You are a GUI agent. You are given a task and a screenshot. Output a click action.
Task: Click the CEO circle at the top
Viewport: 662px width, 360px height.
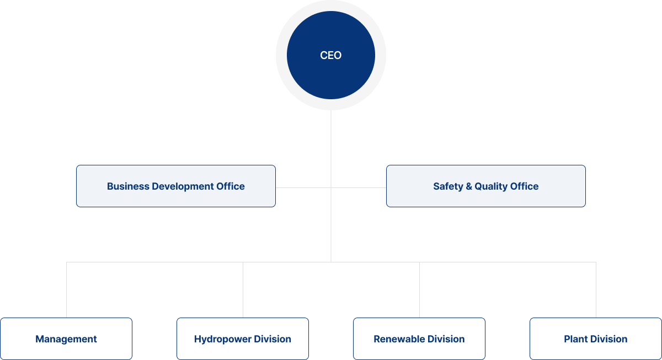coord(331,55)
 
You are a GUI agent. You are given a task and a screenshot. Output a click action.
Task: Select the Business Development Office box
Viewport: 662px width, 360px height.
coord(175,186)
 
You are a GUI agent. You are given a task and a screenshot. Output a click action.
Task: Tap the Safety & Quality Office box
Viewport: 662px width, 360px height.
coord(485,186)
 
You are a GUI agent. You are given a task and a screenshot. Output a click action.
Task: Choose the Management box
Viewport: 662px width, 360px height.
coord(66,339)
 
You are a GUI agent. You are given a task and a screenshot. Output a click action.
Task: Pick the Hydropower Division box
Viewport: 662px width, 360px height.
coord(243,339)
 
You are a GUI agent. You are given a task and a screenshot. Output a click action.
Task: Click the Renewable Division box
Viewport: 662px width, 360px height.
coord(419,339)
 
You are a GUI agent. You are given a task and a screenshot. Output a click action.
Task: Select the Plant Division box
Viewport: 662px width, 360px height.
coord(596,339)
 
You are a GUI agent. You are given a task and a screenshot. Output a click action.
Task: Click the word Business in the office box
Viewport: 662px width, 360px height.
coord(128,186)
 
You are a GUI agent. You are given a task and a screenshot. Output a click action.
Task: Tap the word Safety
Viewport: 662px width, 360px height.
coord(448,186)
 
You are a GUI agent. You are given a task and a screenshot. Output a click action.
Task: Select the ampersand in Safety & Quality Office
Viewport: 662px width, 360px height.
coord(469,186)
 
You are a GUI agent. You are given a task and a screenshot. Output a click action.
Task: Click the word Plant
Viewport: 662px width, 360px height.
coord(575,339)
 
